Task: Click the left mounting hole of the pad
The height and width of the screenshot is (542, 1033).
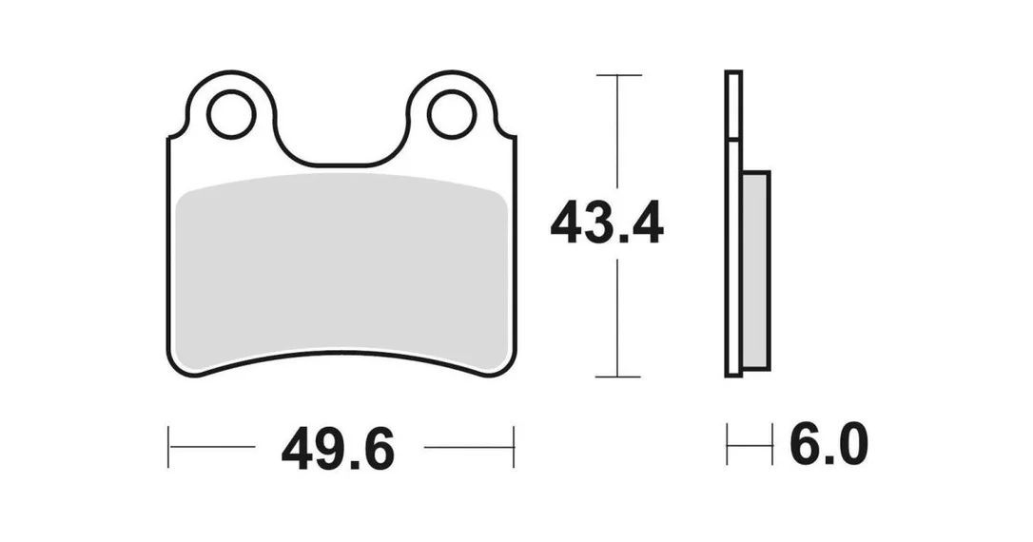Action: [231, 115]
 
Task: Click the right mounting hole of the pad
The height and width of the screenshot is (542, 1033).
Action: [451, 115]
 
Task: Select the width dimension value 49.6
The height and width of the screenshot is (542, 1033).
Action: [338, 449]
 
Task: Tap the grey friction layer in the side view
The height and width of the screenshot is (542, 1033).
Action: [755, 270]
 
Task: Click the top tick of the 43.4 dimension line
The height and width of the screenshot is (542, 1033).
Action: [618, 75]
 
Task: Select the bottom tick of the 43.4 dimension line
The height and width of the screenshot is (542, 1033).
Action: [618, 377]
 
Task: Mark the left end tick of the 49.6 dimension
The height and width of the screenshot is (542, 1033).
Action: [168, 447]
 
